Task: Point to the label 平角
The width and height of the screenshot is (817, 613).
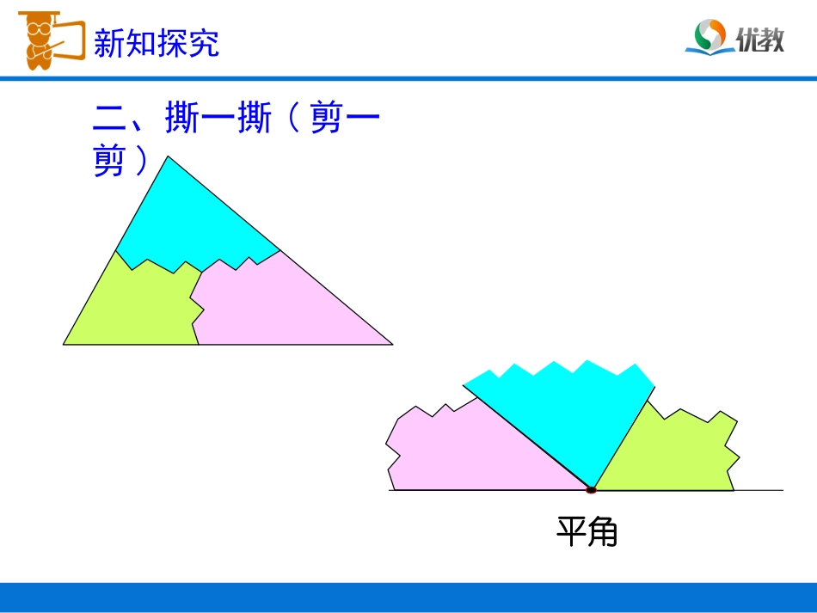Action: [587, 532]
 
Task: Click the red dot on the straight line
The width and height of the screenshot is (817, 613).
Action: [591, 490]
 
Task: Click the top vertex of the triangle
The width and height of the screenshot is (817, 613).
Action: [169, 156]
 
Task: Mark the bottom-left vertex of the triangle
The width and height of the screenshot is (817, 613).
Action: [64, 344]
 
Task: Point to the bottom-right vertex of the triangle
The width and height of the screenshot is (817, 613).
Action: [392, 344]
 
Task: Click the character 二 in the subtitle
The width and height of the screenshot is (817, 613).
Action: [109, 120]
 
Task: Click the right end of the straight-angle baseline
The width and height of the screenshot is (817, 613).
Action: [782, 490]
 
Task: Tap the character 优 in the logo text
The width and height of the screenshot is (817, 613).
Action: [747, 40]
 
